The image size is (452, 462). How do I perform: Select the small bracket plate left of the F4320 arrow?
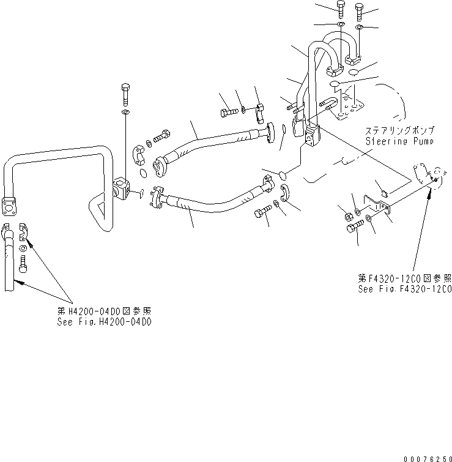pos(374,207)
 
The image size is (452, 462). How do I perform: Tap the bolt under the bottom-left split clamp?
pos(23,264)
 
